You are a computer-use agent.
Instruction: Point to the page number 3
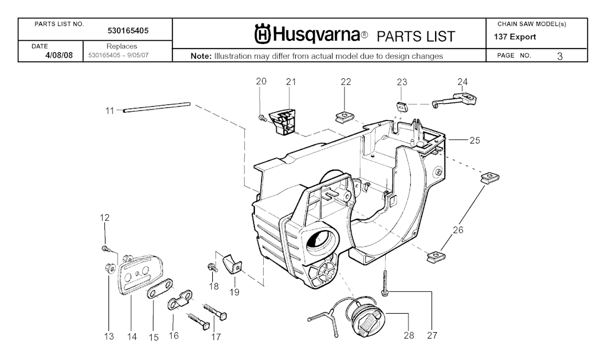click(560, 56)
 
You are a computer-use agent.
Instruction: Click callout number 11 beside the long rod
click(110, 110)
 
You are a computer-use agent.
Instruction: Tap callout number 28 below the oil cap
click(408, 336)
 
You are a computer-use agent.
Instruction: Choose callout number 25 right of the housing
click(474, 141)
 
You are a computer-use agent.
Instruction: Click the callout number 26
click(458, 230)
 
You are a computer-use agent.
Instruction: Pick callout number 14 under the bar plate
click(132, 337)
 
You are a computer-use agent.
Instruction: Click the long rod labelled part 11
click(156, 107)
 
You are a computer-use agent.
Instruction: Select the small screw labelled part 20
click(262, 118)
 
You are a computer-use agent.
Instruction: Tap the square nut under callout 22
click(344, 116)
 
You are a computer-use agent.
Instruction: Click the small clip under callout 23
click(401, 107)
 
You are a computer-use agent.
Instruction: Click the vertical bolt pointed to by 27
click(385, 282)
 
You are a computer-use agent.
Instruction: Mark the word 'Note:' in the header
click(201, 56)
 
